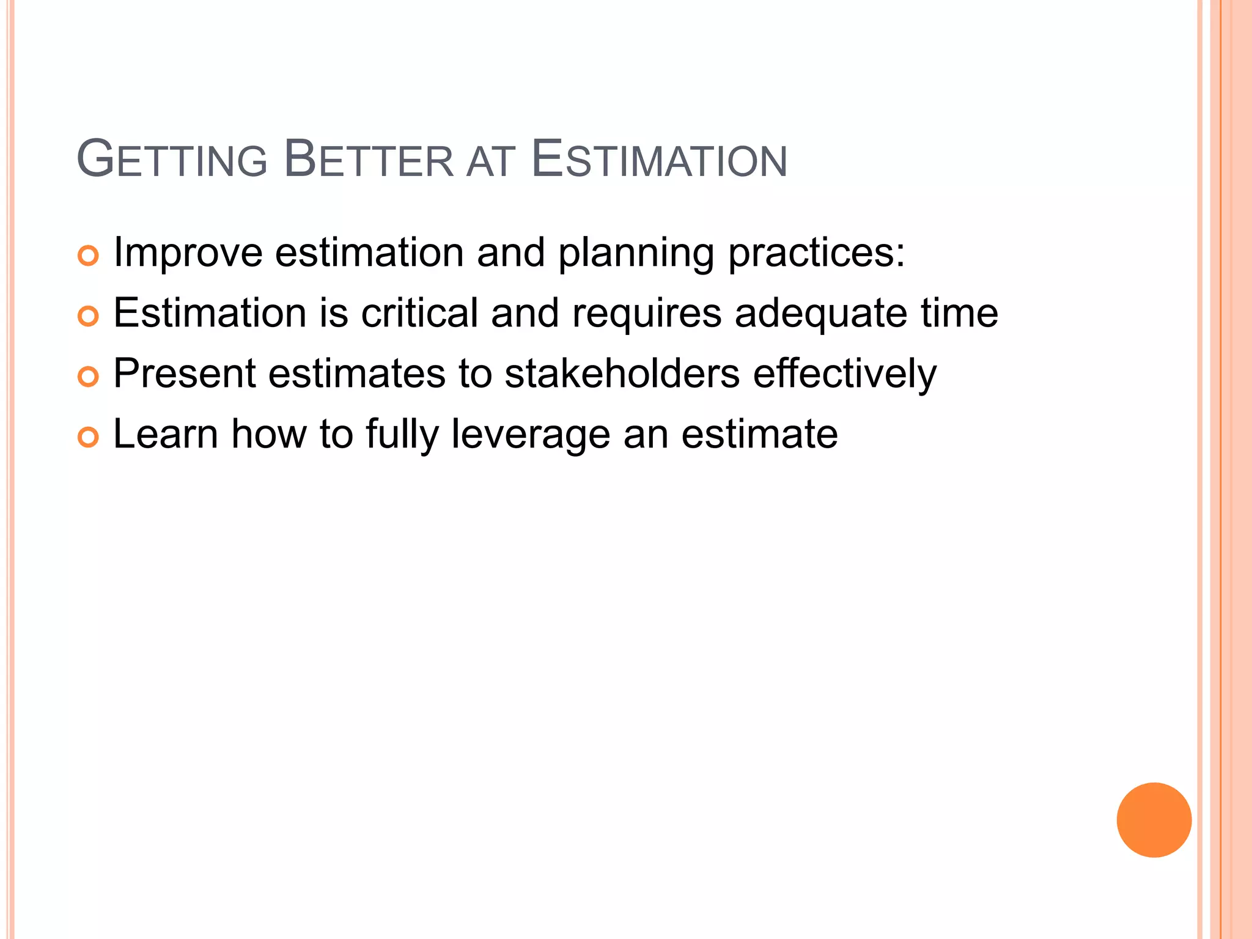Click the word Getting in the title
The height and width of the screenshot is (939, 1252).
[172, 160]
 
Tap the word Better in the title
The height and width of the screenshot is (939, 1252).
[369, 160]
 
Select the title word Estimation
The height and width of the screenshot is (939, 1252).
[659, 160]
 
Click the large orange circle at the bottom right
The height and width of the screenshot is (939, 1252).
[1154, 820]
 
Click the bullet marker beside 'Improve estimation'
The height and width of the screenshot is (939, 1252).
[88, 256]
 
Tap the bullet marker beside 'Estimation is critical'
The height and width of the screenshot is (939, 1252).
[88, 316]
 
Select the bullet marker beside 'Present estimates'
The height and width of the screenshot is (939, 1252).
[88, 377]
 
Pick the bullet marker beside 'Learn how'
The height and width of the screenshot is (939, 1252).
[88, 437]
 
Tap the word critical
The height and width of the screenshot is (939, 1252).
[419, 313]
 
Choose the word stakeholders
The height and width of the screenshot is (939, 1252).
[622, 374]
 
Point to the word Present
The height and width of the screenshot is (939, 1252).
[185, 374]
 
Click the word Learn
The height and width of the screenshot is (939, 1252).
[166, 434]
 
